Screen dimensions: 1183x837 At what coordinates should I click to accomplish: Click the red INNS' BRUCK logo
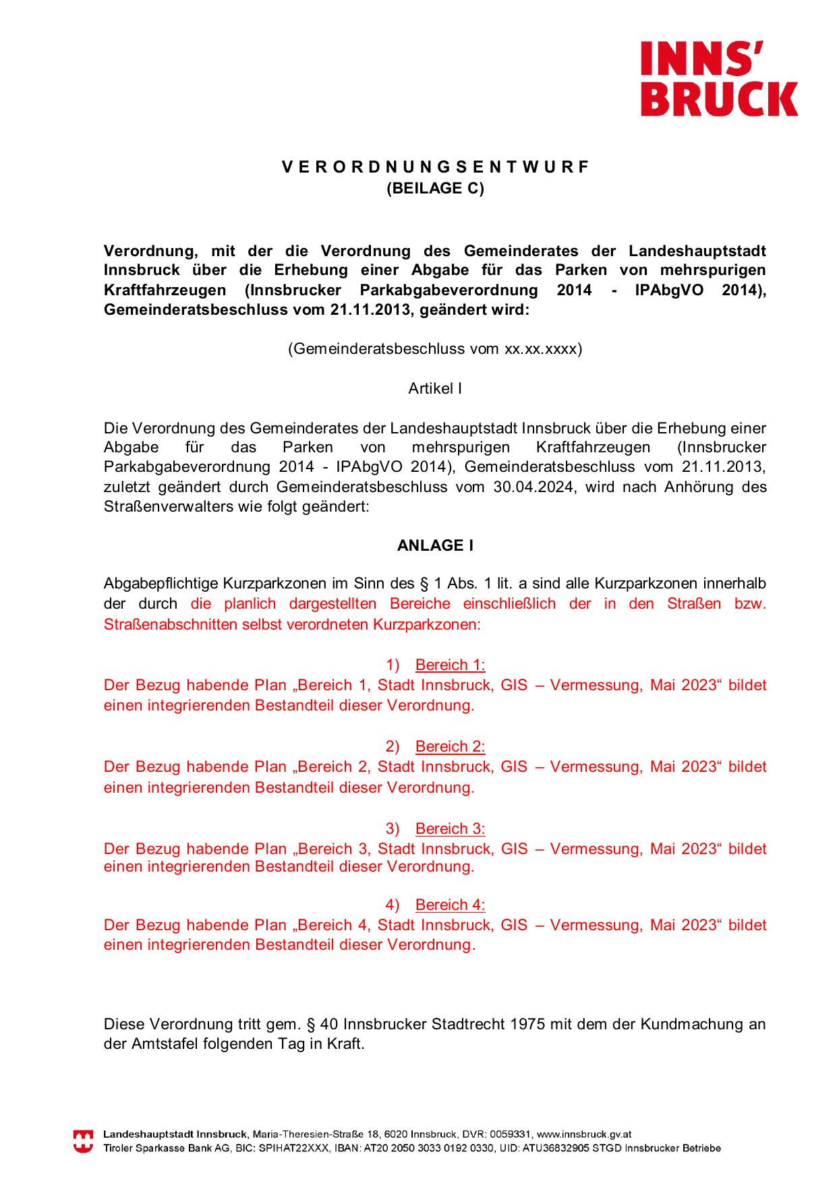click(x=718, y=78)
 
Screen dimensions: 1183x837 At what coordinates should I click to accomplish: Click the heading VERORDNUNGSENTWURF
click(x=435, y=167)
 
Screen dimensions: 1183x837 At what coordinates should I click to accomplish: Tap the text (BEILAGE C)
click(x=435, y=189)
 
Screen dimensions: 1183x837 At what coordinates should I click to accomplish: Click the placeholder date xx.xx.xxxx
click(x=541, y=349)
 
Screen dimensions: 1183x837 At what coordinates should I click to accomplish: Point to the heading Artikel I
click(x=435, y=389)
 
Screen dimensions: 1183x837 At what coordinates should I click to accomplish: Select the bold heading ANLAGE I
click(x=435, y=546)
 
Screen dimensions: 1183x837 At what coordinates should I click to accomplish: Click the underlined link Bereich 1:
click(x=450, y=665)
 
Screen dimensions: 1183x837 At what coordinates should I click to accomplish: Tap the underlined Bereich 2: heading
click(x=450, y=747)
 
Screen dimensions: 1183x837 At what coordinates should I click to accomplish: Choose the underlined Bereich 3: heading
click(x=450, y=829)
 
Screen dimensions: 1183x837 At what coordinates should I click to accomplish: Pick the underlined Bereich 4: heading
click(x=450, y=905)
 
